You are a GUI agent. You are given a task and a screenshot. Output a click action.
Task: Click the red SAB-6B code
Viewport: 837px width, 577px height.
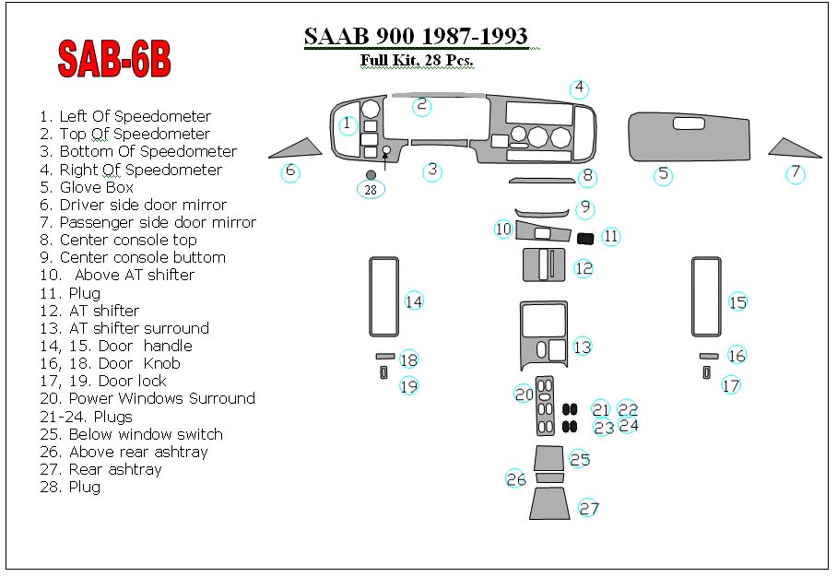pos(114,59)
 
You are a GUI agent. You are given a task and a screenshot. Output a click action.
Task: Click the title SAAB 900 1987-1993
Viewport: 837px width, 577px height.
pos(416,36)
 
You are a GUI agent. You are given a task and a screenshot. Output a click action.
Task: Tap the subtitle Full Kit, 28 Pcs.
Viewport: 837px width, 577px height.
pos(417,60)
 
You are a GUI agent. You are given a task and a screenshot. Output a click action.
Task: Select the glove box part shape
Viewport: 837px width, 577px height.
pos(689,137)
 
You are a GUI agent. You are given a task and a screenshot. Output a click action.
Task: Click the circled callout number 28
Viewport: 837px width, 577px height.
pos(371,190)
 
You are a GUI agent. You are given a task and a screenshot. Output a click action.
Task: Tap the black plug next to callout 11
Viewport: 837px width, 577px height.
pos(585,239)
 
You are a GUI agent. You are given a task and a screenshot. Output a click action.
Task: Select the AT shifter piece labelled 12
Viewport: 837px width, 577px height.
pos(544,265)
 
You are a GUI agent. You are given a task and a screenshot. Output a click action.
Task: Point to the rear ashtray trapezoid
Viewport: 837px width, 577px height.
pos(547,503)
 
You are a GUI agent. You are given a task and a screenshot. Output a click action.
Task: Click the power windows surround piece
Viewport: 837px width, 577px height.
pos(545,406)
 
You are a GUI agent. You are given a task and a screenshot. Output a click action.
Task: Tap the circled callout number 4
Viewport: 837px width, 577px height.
pos(579,88)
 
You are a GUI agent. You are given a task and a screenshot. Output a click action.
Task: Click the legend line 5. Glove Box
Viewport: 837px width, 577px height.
pos(87,187)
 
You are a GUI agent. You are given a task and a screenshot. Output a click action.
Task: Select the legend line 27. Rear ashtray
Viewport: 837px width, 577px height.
pos(100,470)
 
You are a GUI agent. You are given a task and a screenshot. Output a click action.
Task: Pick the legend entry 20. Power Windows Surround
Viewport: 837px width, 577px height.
pos(147,399)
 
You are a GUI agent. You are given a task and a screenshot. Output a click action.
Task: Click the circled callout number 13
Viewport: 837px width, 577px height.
pos(583,347)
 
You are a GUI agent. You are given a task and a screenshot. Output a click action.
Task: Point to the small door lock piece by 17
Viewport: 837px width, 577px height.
pos(707,372)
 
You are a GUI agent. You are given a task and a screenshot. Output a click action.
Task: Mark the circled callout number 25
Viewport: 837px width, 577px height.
pos(580,460)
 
